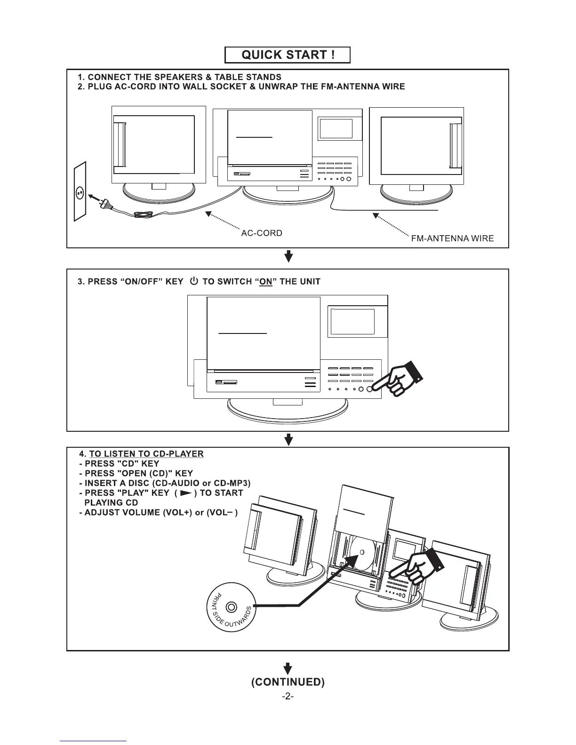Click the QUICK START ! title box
288,55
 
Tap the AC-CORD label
262,233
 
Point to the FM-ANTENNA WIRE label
452,238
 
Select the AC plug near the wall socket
105,203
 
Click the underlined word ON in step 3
266,282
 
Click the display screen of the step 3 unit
352,322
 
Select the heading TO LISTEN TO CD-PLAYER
146,454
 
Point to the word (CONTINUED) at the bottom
288,682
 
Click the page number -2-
288,697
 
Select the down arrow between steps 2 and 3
289,257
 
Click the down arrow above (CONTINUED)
288,668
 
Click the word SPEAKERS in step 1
179,77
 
